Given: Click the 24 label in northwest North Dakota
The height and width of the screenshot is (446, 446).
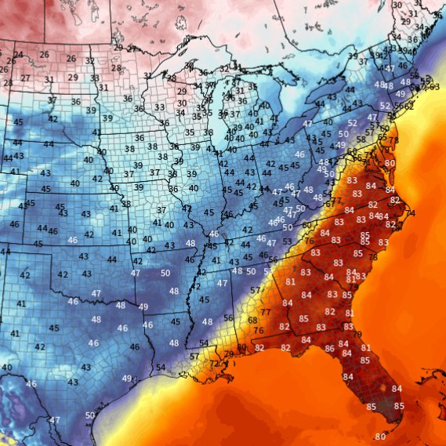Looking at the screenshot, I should (18, 55).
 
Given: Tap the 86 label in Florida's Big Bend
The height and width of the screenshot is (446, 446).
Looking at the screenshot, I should (329, 348).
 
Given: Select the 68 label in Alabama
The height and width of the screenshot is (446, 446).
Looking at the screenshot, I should (252, 320).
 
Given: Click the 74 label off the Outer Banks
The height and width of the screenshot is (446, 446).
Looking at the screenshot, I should (412, 213).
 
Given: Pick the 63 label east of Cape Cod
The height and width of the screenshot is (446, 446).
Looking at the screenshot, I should (434, 86).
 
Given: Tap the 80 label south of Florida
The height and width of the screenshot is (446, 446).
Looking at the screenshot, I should (380, 436).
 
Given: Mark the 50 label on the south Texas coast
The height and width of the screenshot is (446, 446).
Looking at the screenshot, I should (90, 415).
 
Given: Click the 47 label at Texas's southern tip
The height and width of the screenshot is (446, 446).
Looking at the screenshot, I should (54, 420).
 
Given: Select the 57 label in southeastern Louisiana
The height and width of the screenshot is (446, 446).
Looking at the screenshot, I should (194, 357).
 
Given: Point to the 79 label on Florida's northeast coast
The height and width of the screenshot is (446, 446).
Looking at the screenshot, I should (357, 335).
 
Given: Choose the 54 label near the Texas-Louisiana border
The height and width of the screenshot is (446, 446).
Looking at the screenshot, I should (160, 367).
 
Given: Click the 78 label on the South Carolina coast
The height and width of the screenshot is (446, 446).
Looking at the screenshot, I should (373, 256).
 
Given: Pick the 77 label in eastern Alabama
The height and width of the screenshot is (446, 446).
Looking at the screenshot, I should (267, 312).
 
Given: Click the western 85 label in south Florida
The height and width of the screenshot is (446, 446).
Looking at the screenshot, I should (371, 406).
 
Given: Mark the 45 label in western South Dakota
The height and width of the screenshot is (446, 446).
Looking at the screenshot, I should (18, 122).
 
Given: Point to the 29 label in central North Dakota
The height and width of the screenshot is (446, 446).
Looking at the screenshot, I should (72, 78).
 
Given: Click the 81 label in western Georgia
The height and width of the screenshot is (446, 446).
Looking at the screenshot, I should (290, 281).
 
